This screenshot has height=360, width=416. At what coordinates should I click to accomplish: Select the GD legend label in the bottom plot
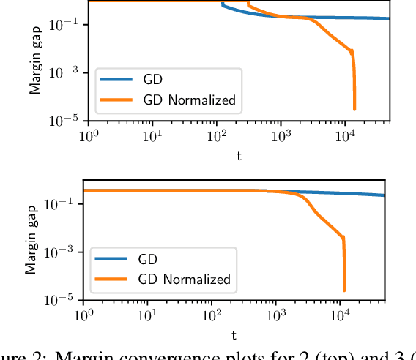point(148,258)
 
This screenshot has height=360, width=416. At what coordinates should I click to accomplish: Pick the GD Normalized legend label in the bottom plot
point(184,279)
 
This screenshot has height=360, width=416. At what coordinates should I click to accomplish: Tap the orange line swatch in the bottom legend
point(110,279)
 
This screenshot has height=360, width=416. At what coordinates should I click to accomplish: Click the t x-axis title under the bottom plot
point(234,336)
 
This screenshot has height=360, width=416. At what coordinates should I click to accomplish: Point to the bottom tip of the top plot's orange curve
point(354,110)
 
